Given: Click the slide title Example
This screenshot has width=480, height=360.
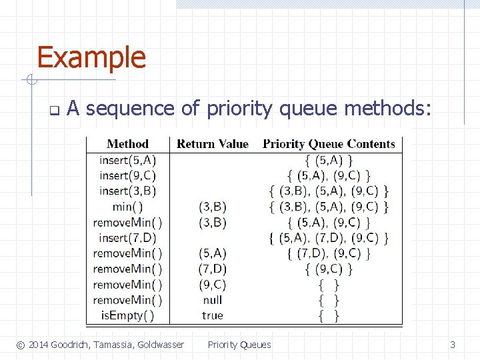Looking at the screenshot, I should click(x=91, y=57).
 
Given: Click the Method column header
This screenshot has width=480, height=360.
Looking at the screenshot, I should click(x=127, y=144).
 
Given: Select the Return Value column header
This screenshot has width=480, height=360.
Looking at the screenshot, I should click(x=212, y=144).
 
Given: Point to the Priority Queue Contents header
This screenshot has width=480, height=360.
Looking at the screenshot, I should click(x=329, y=144).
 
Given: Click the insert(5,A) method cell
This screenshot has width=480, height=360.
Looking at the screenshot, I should click(x=127, y=160).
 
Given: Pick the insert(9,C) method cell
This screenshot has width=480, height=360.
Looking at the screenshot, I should click(x=127, y=175).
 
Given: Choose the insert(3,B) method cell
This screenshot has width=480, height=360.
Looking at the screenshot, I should click(x=127, y=191).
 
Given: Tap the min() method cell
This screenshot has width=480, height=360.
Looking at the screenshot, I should click(x=127, y=207).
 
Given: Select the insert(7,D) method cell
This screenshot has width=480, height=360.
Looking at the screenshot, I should click(x=127, y=238).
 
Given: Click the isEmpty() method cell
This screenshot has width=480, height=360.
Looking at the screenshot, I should click(x=127, y=315).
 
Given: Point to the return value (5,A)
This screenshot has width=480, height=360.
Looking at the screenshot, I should click(x=212, y=253).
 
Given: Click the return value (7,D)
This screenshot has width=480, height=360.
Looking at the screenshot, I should click(x=212, y=269).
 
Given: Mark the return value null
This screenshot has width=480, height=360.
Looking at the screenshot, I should click(x=212, y=300).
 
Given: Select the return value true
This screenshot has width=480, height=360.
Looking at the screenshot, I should click(x=212, y=315).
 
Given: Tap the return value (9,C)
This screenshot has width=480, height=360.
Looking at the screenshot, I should click(x=212, y=285).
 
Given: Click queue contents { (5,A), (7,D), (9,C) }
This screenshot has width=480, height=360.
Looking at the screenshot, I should click(x=329, y=238).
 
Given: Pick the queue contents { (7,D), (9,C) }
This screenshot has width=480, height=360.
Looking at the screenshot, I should click(x=329, y=253).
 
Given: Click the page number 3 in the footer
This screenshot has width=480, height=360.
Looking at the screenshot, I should click(x=453, y=345).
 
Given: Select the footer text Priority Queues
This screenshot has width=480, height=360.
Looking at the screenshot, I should click(x=239, y=345).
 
